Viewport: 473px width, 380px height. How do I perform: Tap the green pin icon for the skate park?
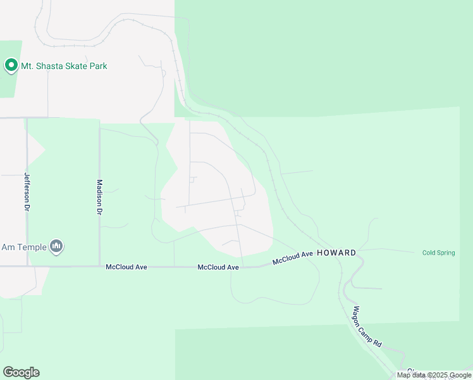[11, 65]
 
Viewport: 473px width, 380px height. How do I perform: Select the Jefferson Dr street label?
[27, 191]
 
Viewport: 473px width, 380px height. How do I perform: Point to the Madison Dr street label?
[99, 198]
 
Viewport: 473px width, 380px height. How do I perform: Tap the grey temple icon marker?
[56, 246]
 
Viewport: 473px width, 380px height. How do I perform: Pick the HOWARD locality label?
[336, 253]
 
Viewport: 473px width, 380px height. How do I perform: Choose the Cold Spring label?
[438, 253]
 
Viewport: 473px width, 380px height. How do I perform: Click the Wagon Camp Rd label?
[367, 326]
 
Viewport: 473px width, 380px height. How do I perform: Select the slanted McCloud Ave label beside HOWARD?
[293, 258]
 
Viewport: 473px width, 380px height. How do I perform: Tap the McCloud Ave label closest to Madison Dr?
[126, 267]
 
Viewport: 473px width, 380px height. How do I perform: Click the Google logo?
[21, 372]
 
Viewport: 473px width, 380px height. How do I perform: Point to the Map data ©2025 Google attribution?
[434, 375]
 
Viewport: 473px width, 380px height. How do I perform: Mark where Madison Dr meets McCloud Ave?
[99, 267]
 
